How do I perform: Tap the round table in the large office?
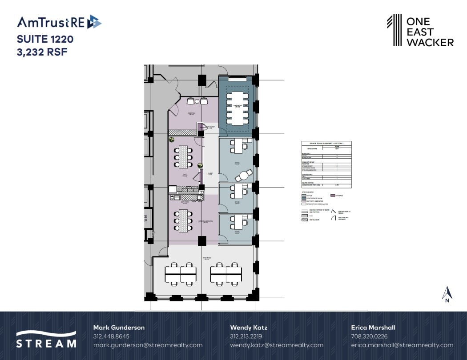243,176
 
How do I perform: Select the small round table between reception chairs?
197,101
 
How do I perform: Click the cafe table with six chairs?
183,156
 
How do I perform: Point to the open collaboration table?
183,220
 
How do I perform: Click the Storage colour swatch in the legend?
333,195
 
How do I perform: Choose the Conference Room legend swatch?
304,198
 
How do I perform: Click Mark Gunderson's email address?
148,345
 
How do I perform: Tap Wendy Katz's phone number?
246,336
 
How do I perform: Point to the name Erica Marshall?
373,328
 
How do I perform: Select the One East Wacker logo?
420,30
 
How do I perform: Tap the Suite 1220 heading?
45,39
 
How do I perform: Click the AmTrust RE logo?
59,22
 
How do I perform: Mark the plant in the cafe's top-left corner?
171,140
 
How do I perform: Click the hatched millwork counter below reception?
183,132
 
